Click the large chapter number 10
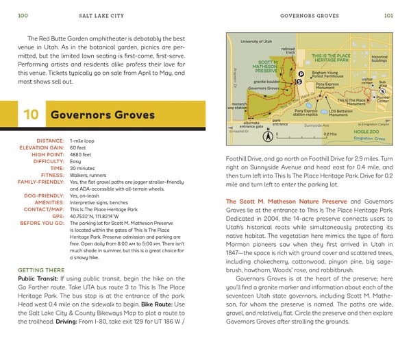click(31, 115)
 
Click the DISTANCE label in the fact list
click(50, 140)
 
